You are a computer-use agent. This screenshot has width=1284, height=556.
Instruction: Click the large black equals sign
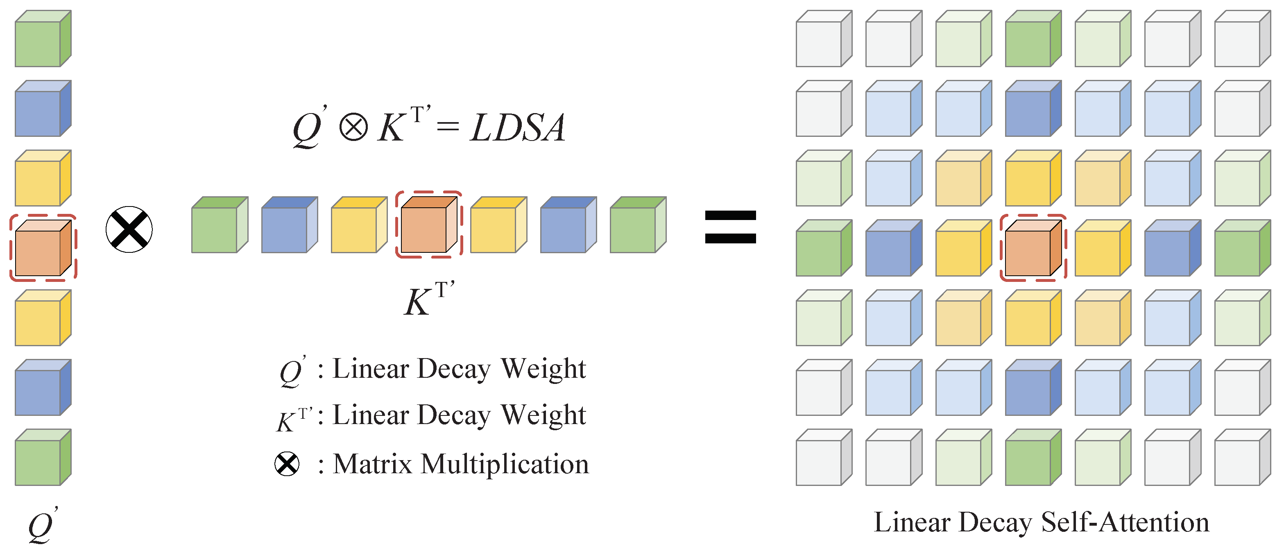730,227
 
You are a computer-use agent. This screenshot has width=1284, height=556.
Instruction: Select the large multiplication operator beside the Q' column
129,229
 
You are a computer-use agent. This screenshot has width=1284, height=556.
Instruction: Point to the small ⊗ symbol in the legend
287,464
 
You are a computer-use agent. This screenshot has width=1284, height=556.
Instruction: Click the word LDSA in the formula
517,128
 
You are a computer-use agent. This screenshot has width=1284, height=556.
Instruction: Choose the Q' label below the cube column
42,526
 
